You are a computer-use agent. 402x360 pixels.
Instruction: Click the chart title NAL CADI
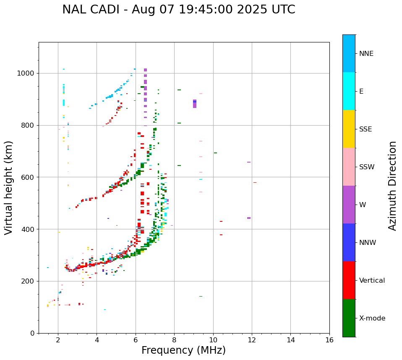178,10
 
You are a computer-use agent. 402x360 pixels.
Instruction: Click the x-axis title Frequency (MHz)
183,350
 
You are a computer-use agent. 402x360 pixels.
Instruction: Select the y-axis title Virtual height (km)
9,187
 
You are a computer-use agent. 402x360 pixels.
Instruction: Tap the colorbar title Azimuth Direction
392,186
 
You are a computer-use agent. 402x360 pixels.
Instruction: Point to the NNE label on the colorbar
366,54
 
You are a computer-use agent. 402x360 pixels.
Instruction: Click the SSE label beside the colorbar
365,129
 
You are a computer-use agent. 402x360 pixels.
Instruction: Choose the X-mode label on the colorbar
372,318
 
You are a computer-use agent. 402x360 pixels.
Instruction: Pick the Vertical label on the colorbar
372,281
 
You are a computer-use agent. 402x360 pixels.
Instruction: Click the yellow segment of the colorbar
349,129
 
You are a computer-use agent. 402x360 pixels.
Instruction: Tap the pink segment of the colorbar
349,167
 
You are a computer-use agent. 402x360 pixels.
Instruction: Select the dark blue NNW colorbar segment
349,242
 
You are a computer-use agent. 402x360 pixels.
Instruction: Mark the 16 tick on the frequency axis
329,339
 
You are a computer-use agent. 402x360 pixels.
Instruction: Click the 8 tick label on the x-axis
174,339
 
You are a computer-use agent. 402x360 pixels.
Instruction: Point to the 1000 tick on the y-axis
26,74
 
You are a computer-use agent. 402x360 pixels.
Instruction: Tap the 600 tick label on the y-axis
28,177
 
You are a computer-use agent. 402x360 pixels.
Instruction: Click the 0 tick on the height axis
32,333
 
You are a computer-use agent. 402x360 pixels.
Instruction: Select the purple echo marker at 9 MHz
194,104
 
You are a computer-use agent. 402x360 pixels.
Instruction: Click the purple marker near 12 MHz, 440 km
249,218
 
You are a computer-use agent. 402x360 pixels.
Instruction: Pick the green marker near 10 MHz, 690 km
215,153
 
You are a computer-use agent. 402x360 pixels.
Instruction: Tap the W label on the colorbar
363,205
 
